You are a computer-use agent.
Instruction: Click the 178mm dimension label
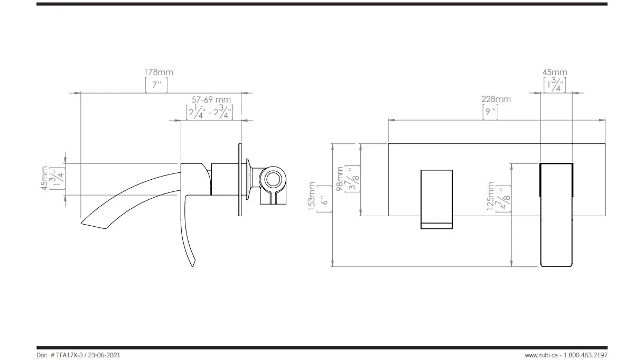tap(158, 72)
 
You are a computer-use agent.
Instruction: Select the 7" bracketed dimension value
tap(156, 85)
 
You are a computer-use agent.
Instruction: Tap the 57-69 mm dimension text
tap(211, 99)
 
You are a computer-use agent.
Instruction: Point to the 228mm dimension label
tap(496, 99)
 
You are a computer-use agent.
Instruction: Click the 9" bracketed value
tap(490, 112)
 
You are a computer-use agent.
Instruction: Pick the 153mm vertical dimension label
tap(312, 196)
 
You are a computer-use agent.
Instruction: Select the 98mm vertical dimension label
tap(340, 179)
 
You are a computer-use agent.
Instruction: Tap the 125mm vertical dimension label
tap(490, 196)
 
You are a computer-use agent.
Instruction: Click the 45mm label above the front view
tap(555, 72)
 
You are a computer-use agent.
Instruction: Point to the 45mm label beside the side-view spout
tap(44, 178)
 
